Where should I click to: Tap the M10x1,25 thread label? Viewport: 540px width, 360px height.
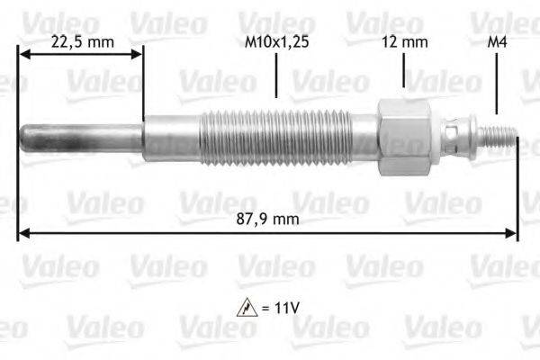pyautogui.click(x=276, y=40)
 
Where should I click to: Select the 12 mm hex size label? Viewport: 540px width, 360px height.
pyautogui.click(x=404, y=40)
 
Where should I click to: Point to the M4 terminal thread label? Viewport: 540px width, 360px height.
pyautogui.click(x=496, y=40)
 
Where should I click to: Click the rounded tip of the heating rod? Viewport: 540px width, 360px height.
pyautogui.click(x=28, y=137)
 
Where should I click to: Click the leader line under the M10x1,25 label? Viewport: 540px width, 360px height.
pyautogui.click(x=276, y=76)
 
